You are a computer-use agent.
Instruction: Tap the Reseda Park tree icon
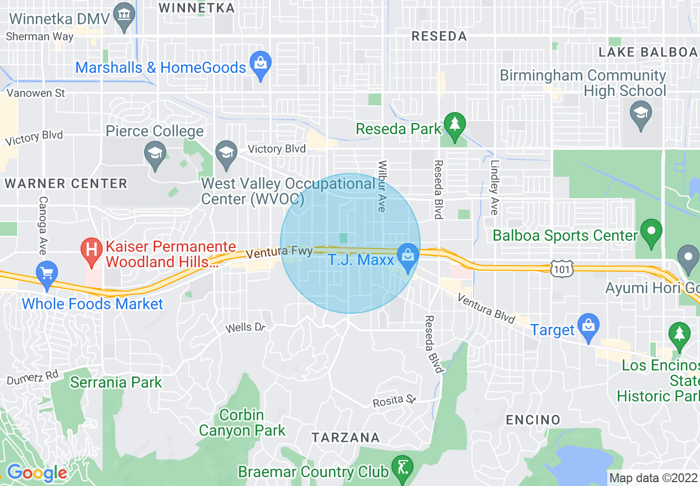pyautogui.click(x=455, y=126)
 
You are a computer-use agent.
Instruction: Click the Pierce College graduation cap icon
pyautogui.click(x=155, y=155)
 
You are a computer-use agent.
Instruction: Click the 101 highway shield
pyautogui.click(x=562, y=269)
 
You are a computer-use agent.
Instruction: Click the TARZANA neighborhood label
pyautogui.click(x=346, y=438)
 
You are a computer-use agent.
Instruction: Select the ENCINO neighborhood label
pyautogui.click(x=533, y=420)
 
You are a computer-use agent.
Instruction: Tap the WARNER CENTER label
pyautogui.click(x=66, y=183)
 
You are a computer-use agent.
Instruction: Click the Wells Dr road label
pyautogui.click(x=246, y=328)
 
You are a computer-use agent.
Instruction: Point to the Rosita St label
pyautogui.click(x=394, y=400)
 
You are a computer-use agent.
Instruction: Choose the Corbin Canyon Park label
pyautogui.click(x=242, y=422)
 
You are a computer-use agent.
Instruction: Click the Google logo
pyautogui.click(x=36, y=473)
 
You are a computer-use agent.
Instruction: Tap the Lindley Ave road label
pyautogui.click(x=494, y=188)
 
